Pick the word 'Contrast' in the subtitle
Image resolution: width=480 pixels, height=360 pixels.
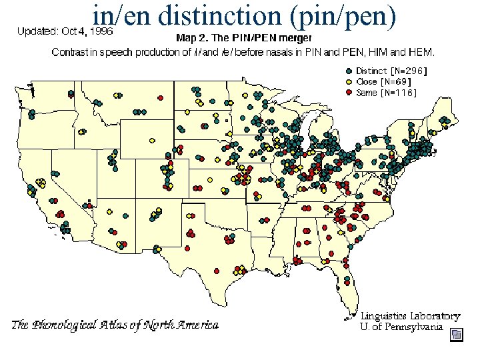tap(71, 51)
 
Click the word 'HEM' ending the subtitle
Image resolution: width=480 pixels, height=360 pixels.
tap(423, 51)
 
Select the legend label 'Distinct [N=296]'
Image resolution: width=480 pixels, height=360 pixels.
tap(391, 70)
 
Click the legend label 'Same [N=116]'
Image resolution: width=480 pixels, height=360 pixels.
tap(386, 93)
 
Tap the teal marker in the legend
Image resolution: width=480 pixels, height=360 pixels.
tap(349, 70)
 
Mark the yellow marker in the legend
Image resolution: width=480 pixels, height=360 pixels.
tap(349, 81)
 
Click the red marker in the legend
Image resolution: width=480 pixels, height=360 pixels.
tap(349, 93)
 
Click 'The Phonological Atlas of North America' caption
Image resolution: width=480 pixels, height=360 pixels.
tap(114, 325)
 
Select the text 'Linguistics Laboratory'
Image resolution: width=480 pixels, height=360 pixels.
tap(410, 316)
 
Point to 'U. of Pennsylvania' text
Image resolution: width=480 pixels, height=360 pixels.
tap(401, 327)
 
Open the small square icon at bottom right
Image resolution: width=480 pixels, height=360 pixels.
tap(456, 334)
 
